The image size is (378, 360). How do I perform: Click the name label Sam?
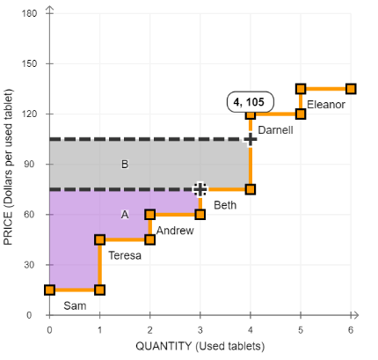click(75, 305)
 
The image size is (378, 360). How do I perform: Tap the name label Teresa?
click(125, 255)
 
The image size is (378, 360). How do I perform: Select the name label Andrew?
click(175, 231)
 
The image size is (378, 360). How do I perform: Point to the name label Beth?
click(225, 205)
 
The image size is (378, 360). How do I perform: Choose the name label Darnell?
click(275, 130)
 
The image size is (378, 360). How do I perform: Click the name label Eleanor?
click(326, 105)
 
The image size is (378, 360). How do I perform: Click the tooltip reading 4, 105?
click(251, 102)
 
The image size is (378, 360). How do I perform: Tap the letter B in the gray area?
click(125, 165)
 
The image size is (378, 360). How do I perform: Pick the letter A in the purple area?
click(125, 215)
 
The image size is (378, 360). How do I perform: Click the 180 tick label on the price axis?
click(30, 13)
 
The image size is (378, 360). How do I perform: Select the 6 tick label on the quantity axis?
click(351, 330)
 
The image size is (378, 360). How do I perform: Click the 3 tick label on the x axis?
click(200, 330)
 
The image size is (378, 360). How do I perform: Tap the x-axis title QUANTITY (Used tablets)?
click(200, 346)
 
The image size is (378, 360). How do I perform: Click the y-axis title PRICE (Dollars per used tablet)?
click(8, 166)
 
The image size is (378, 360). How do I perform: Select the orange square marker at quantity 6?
click(351, 89)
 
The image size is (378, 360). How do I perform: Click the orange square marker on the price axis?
click(50, 290)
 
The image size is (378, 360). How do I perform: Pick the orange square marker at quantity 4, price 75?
click(251, 189)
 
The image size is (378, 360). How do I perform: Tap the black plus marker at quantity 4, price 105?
click(251, 139)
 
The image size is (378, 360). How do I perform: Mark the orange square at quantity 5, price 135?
click(301, 89)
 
